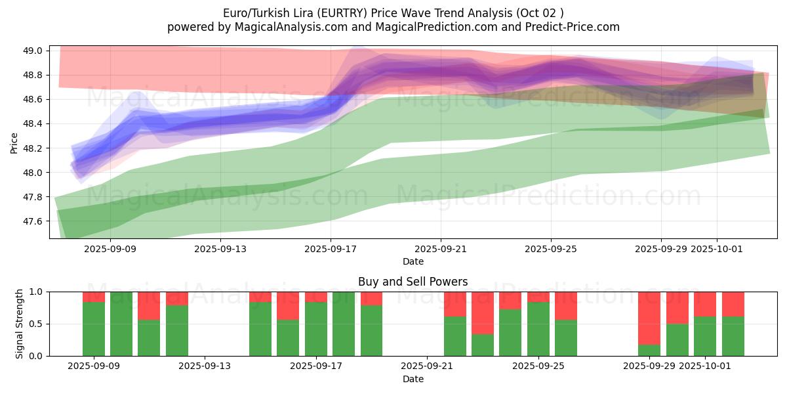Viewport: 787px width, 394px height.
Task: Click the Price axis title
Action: pos(14,142)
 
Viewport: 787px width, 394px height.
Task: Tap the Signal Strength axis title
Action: pos(20,324)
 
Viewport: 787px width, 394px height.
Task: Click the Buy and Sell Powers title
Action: pos(413,282)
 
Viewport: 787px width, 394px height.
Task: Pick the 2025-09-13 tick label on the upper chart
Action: pos(220,249)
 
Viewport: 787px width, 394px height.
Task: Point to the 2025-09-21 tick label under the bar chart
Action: pos(428,366)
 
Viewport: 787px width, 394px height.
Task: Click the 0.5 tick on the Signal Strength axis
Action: pos(35,324)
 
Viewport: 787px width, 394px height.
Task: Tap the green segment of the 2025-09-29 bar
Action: pos(649,350)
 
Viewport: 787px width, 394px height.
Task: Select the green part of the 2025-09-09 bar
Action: pos(94,329)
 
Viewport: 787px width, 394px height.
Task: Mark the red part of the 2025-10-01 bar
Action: pos(705,304)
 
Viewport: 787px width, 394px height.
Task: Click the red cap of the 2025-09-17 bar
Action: pos(316,297)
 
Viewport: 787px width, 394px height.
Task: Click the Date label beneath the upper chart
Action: pos(413,261)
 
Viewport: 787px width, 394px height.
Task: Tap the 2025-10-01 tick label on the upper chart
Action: pos(716,249)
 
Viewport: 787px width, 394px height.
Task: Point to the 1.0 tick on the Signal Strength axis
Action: pos(35,292)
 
